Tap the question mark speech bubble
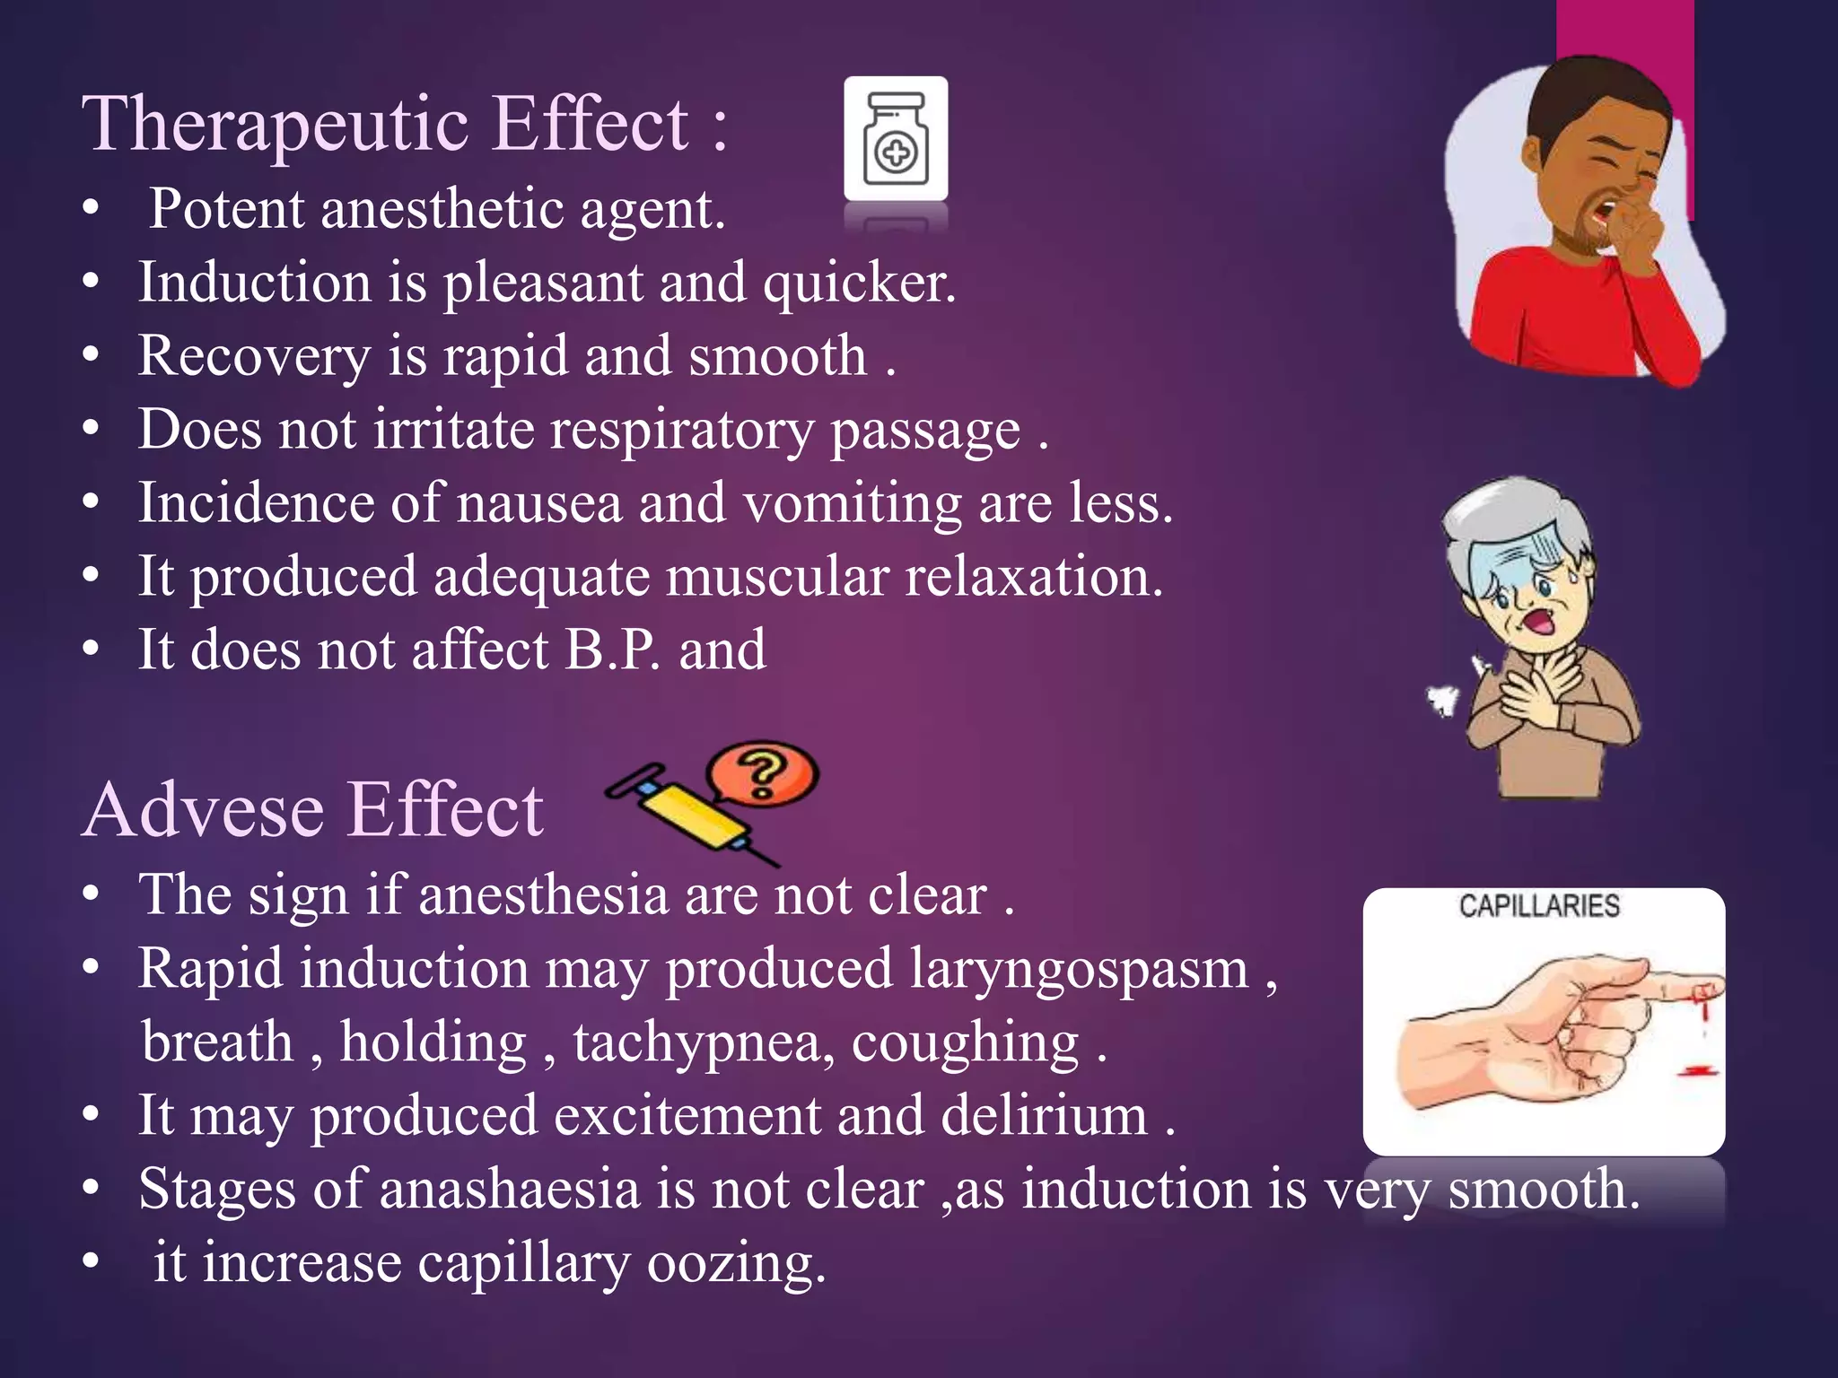[x=763, y=774]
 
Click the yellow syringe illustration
[x=691, y=813]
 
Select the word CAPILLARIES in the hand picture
[x=1539, y=906]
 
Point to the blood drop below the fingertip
[x=1699, y=1069]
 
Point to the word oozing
[x=736, y=1264]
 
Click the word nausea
[x=539, y=503]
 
